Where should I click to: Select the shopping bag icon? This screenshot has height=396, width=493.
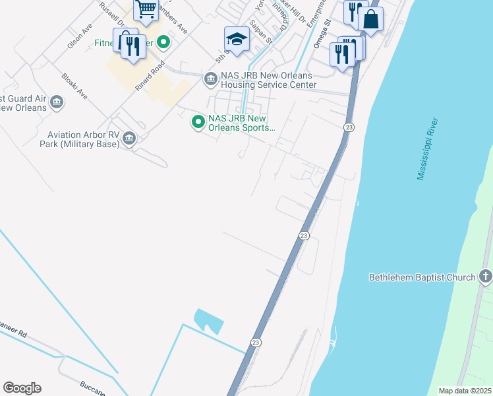click(372, 20)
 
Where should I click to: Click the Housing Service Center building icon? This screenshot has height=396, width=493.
click(210, 80)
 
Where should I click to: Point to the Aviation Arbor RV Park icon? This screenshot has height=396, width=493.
click(129, 138)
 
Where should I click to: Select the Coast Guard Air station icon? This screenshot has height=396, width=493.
click(57, 102)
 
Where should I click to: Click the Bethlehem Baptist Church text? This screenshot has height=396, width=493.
click(422, 277)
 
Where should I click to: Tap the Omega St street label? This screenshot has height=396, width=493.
click(321, 38)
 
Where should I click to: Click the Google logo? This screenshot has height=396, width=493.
click(22, 388)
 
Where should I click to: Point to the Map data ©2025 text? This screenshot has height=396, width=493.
click(464, 391)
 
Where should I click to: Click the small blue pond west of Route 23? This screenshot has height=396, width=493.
click(210, 321)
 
